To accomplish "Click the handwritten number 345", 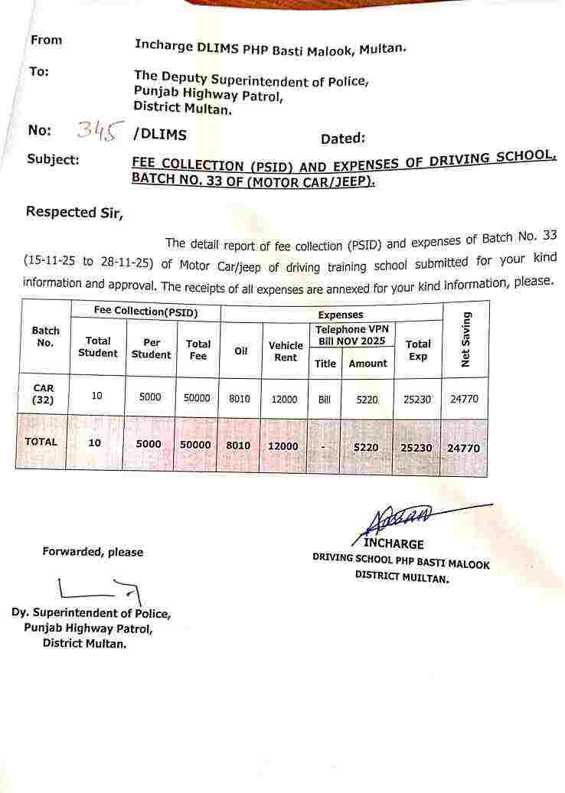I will (96, 131).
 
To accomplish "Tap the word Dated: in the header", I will (342, 139).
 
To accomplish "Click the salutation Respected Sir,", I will (74, 212).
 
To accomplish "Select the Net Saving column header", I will (465, 339).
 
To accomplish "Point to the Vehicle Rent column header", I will (286, 351).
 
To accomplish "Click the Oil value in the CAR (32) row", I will (240, 399).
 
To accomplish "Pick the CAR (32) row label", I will (44, 393).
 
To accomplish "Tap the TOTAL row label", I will (41, 442).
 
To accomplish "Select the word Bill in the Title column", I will (325, 400).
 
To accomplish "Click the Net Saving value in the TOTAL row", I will (464, 447).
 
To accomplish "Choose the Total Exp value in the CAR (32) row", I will (417, 400).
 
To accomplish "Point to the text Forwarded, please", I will (93, 552).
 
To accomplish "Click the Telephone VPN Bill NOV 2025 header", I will (352, 334).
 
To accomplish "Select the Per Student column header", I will (151, 348).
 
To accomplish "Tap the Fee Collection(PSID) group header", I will (145, 312).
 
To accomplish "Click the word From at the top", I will (46, 40).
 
